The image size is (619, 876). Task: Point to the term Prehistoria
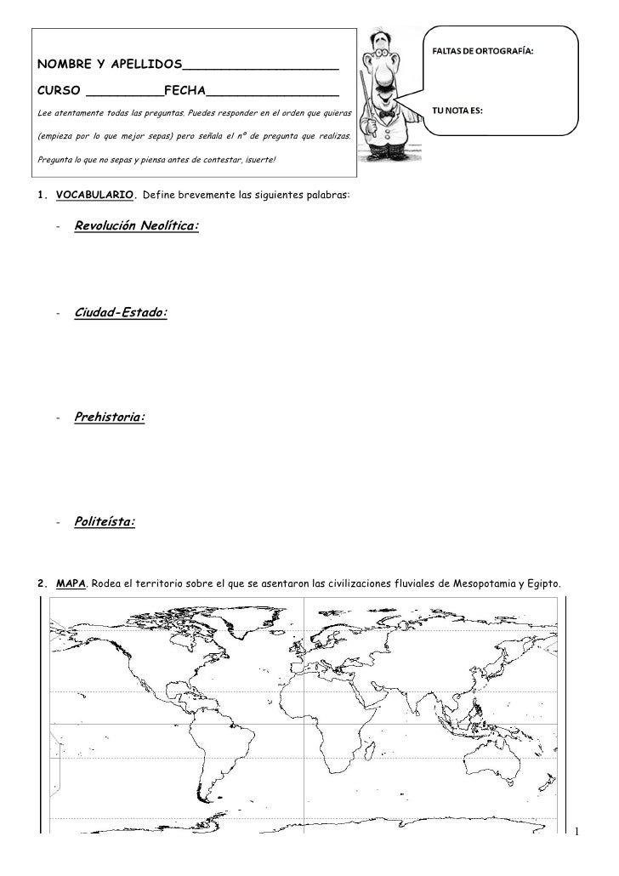coord(109,418)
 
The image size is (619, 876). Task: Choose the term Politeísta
coord(104,521)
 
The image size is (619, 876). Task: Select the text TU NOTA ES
coord(458,111)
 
